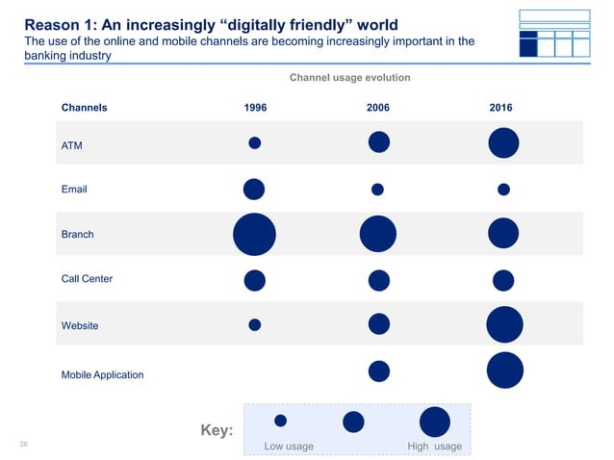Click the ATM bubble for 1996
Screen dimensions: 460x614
(255, 143)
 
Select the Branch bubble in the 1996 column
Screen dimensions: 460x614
(255, 235)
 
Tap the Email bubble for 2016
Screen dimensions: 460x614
(503, 189)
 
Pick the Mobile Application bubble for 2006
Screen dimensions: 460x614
(379, 371)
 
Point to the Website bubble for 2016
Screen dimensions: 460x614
(504, 324)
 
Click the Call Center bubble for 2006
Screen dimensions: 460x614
(379, 280)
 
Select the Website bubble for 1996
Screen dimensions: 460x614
(255, 325)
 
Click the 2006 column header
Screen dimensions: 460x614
(378, 109)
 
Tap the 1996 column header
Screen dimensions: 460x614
(255, 109)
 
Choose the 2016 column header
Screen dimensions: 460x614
(501, 109)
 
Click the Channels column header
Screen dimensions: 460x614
(85, 109)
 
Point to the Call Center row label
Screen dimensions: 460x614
(87, 279)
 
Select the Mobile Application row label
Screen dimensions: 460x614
(102, 374)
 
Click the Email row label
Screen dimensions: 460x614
(74, 190)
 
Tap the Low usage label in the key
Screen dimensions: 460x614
(289, 447)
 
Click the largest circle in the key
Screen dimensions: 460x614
(435, 422)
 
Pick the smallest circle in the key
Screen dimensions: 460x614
(281, 421)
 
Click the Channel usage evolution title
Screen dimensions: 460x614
(349, 76)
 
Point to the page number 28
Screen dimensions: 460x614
(26, 445)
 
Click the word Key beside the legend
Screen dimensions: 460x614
(217, 430)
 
